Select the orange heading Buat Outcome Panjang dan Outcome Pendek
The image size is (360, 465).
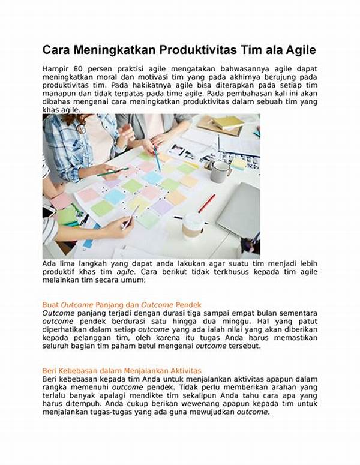tap(122, 305)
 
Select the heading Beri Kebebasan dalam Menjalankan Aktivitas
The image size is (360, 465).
tap(122, 370)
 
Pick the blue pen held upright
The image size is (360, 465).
tap(157, 158)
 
